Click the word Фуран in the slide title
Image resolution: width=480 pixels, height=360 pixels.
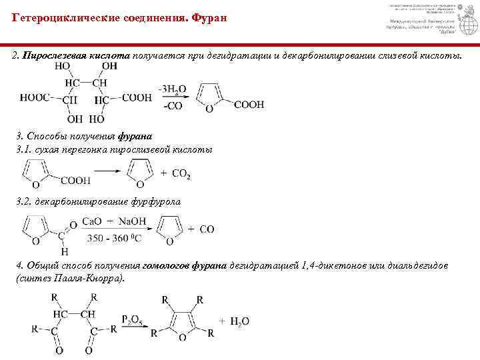point(209,17)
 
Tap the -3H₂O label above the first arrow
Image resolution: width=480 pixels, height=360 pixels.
point(173,88)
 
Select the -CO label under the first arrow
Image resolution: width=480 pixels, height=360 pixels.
point(171,106)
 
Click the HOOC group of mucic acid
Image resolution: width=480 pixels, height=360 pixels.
point(37,97)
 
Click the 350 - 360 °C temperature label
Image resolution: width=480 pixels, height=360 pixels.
point(114,238)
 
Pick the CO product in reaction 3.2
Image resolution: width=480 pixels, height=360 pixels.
point(207,229)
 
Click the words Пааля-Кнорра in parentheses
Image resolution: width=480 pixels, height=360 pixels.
point(89,277)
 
